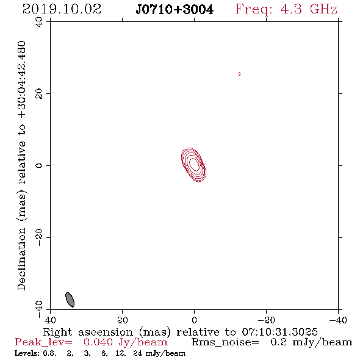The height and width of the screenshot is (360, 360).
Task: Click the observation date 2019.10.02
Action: [62, 9]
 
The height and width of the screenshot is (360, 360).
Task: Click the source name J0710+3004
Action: [175, 10]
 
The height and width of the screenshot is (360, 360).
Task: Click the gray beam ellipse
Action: [70, 300]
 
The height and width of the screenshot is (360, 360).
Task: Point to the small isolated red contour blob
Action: [239, 74]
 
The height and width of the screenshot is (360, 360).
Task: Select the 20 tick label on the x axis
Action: [122, 320]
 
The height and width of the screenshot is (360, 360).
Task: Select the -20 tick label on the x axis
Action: [266, 320]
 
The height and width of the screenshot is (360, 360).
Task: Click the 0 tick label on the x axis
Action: [194, 320]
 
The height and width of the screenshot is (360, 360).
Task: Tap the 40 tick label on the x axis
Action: [50, 320]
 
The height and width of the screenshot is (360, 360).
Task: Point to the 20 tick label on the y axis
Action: [39, 94]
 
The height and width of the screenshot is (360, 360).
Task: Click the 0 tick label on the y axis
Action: [39, 165]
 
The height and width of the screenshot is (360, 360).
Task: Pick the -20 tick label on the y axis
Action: [39, 237]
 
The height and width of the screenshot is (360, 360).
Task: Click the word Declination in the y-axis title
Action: [21, 259]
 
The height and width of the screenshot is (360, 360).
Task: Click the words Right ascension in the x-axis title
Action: [88, 332]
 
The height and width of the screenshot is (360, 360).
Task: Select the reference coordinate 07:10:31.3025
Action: [279, 332]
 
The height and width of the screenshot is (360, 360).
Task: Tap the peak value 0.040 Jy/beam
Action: [125, 342]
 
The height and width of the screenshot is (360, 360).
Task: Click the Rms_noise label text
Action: [225, 342]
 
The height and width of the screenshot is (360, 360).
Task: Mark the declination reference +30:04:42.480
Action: [21, 80]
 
